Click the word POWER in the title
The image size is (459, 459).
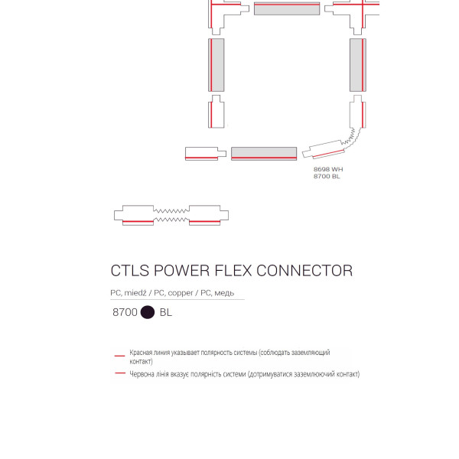[x=181, y=271]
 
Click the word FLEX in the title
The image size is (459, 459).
[x=233, y=271]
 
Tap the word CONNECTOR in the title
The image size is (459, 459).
[x=304, y=271]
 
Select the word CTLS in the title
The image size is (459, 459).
[x=130, y=271]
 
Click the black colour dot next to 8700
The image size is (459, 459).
[x=148, y=312]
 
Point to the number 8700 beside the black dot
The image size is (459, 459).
[x=125, y=312]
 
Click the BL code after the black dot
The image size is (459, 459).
[x=166, y=312]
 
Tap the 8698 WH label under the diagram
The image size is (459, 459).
[x=328, y=169]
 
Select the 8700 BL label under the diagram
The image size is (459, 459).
[x=327, y=176]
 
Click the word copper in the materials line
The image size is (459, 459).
[x=181, y=293]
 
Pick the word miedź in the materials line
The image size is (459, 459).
[x=135, y=293]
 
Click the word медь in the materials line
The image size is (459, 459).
[x=224, y=293]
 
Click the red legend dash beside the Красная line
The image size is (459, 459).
[x=120, y=356]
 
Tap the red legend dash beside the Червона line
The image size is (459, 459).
[x=120, y=373]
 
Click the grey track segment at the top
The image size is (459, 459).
[x=287, y=8]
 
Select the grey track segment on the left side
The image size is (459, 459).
[x=216, y=65]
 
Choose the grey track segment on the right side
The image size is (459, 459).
[x=358, y=65]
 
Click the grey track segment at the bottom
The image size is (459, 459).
[x=264, y=154]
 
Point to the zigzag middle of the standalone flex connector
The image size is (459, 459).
[x=171, y=215]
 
